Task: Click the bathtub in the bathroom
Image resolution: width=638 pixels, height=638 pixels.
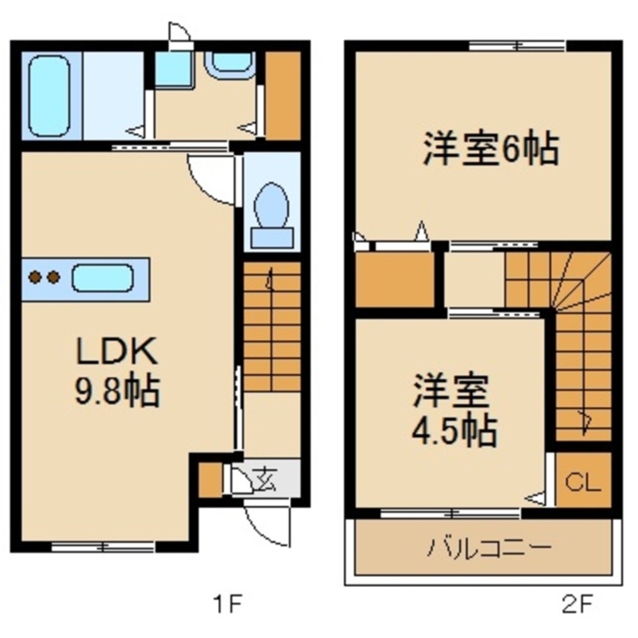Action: [x=48, y=96]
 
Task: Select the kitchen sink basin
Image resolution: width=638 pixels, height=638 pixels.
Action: [x=102, y=278]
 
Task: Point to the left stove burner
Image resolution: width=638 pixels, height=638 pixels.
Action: [x=34, y=278]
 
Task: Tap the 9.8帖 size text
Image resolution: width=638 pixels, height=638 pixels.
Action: [x=115, y=390]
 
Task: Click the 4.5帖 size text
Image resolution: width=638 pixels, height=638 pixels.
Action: [x=453, y=431]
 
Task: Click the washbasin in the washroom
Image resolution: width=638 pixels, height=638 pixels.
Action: [x=230, y=63]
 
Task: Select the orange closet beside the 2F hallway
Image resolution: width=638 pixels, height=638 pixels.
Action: [x=394, y=279]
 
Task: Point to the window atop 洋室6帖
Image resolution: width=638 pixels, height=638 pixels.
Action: [x=517, y=45]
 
